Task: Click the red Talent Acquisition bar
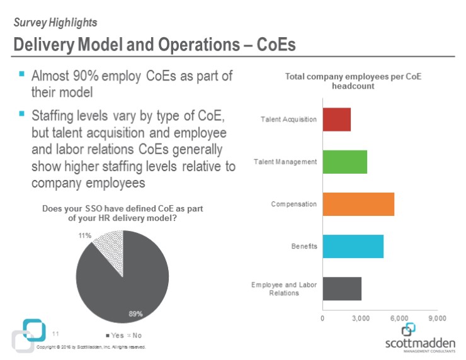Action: pyautogui.click(x=336, y=120)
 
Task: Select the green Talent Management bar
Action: pyautogui.click(x=344, y=162)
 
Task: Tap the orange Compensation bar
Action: pyautogui.click(x=358, y=204)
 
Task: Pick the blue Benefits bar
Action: pyautogui.click(x=353, y=246)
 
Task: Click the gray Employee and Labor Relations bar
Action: pyautogui.click(x=342, y=288)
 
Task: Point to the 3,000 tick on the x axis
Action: pyautogui.click(x=361, y=318)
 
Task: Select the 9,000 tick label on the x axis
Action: pyautogui.click(x=437, y=318)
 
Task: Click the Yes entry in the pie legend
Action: pyautogui.click(x=113, y=335)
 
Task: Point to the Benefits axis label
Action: pyautogui.click(x=304, y=246)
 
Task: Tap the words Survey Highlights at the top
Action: pyautogui.click(x=55, y=23)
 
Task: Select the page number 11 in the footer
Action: pyautogui.click(x=55, y=334)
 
